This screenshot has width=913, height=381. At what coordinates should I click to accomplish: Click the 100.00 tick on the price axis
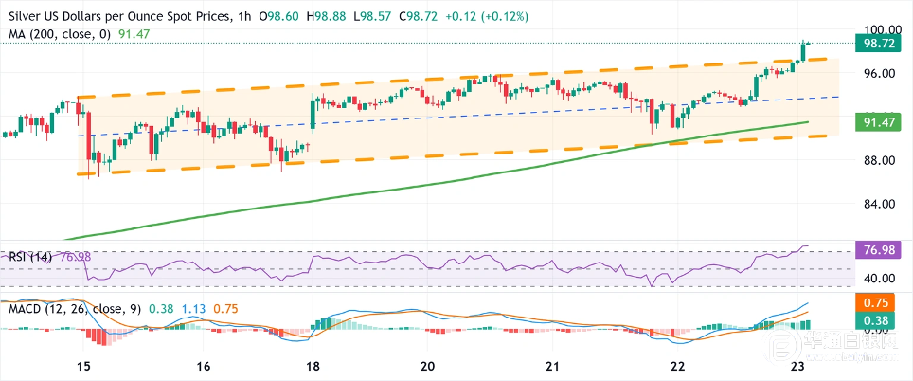click(x=876, y=29)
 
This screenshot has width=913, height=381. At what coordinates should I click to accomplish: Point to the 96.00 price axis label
click(x=876, y=73)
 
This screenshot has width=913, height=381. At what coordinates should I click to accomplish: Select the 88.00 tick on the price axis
click(x=876, y=160)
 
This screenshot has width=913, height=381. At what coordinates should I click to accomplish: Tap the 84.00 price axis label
click(x=876, y=204)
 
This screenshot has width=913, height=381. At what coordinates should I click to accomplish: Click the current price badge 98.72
click(x=876, y=44)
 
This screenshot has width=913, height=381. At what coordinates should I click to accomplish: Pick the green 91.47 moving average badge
click(x=876, y=122)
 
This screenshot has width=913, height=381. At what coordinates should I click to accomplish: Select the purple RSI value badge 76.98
click(x=876, y=250)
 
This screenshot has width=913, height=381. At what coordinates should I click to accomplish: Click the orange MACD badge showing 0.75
click(x=876, y=302)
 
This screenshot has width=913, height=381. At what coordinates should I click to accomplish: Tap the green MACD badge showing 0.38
click(x=876, y=319)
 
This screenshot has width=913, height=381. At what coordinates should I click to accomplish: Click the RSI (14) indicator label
click(x=29, y=256)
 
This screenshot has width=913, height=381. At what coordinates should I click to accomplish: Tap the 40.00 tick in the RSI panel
click(x=876, y=278)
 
